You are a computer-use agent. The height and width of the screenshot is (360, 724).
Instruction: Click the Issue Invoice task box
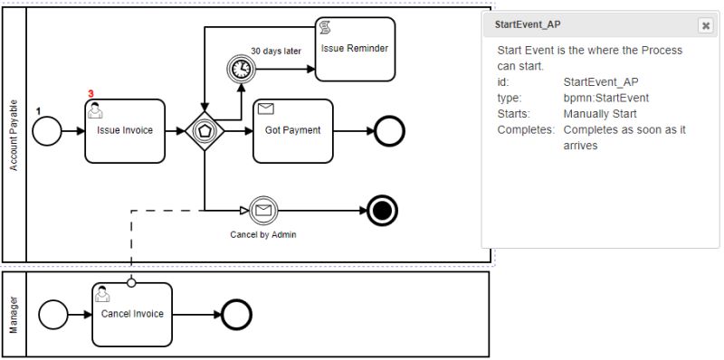point(125,131)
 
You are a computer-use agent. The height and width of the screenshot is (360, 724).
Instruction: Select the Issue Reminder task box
point(355,47)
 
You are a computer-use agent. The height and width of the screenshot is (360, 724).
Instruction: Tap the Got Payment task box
point(292,131)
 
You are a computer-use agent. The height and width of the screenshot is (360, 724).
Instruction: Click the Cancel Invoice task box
point(131,314)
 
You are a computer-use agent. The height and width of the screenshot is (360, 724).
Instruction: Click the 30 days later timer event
point(241,69)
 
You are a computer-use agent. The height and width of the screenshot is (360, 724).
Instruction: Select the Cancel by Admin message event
point(262,211)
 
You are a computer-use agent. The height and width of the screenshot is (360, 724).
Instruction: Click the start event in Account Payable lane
point(46,132)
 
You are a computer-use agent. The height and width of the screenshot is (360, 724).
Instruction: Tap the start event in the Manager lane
point(52,315)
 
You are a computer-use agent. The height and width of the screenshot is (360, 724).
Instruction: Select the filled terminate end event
point(383,211)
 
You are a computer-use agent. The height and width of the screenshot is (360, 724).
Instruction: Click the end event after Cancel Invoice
point(237,315)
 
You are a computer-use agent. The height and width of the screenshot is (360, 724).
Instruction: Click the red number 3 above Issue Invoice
point(90,94)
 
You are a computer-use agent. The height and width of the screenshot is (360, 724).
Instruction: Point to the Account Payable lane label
point(14,136)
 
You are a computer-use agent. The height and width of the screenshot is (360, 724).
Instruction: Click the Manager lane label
point(14,315)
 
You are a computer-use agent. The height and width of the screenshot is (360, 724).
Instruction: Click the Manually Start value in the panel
point(600,114)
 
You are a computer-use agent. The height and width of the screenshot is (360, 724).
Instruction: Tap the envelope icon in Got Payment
point(266,109)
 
